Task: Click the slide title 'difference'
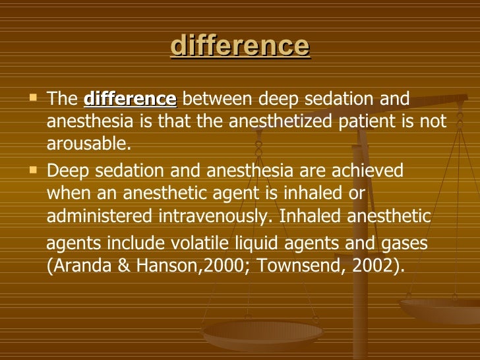239,46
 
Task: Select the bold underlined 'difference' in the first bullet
131,100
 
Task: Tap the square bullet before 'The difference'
34,100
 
